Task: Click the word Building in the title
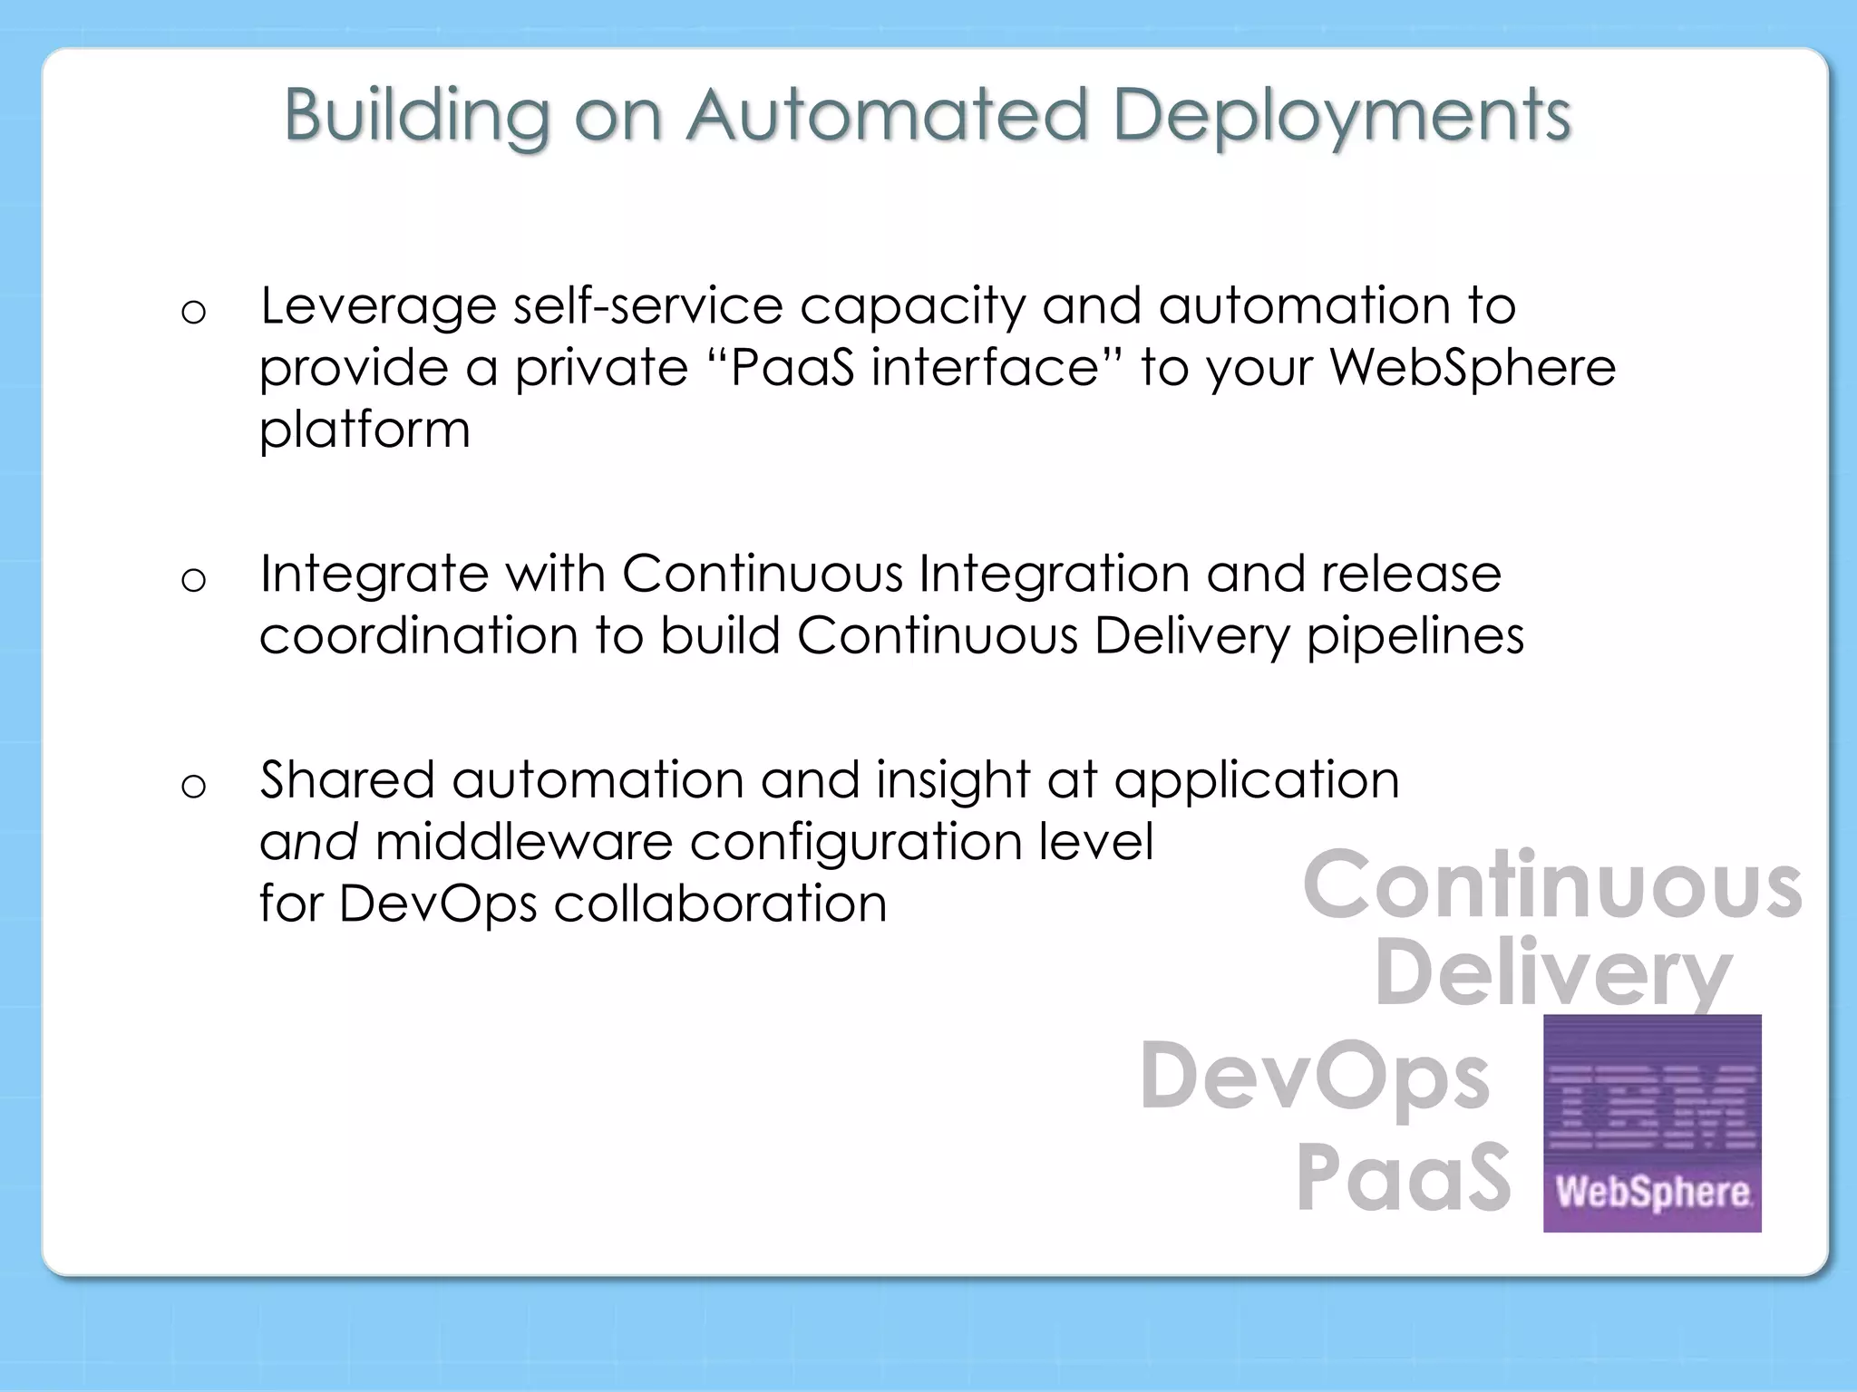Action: click(x=417, y=116)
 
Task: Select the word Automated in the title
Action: click(x=886, y=116)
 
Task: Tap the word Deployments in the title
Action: click(x=1341, y=116)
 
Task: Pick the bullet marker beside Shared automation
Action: click(x=193, y=786)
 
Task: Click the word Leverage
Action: click(x=378, y=306)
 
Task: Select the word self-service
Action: click(x=647, y=306)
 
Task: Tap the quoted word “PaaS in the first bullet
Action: click(x=780, y=367)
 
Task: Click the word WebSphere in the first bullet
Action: click(x=1473, y=367)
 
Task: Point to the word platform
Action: click(x=365, y=430)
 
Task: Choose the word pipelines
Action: click(x=1415, y=636)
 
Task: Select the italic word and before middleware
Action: click(x=308, y=843)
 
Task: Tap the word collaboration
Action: click(x=720, y=904)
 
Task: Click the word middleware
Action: click(x=524, y=843)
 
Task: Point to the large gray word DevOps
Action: click(x=1315, y=1077)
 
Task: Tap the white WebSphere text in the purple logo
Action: click(x=1652, y=1192)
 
